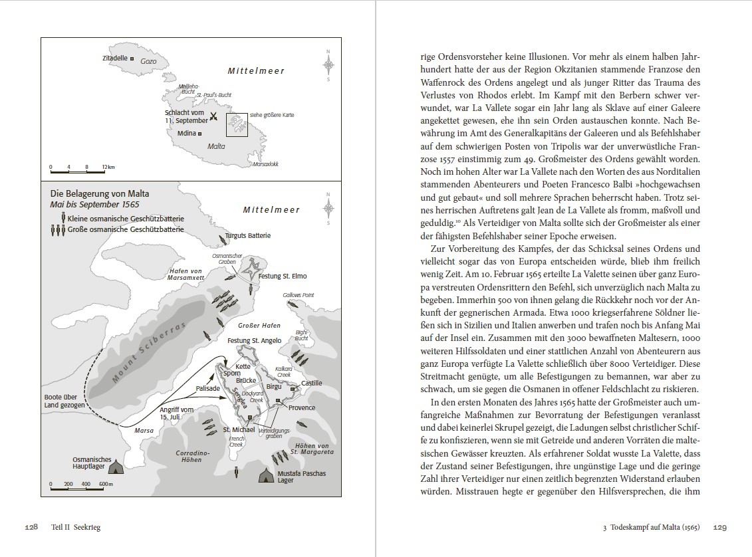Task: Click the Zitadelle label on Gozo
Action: [114, 58]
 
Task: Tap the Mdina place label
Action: [186, 133]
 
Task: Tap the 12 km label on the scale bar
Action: [108, 166]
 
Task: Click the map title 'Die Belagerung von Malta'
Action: [91, 194]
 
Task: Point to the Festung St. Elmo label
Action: [283, 276]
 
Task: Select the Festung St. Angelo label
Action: [255, 340]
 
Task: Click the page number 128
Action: [31, 527]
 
